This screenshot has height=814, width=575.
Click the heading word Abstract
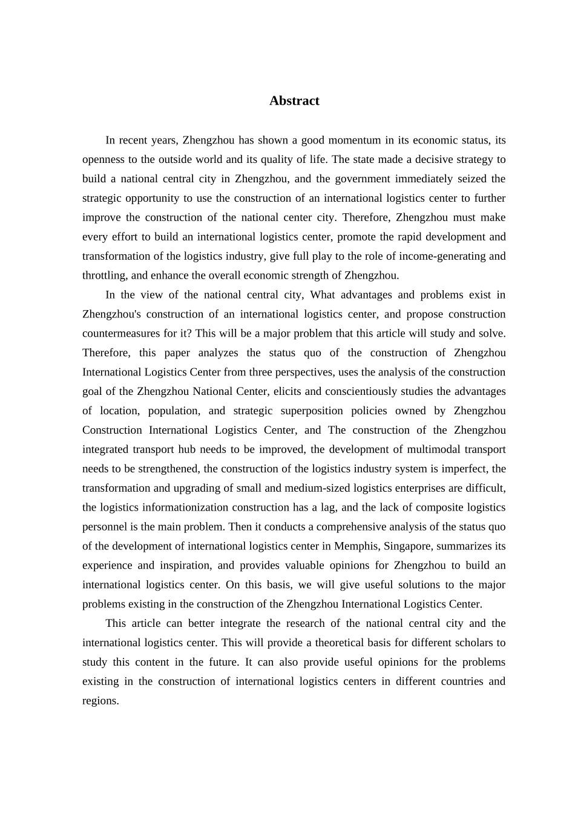tap(294, 101)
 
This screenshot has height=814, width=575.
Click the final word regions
tap(100, 701)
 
